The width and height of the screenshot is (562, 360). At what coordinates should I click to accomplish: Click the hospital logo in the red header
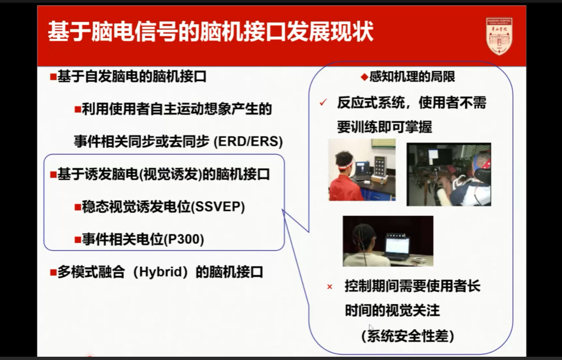[x=499, y=35]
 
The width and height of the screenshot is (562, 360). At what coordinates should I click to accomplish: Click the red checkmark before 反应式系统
[x=323, y=102]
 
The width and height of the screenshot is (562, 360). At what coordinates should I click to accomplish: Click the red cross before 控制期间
[x=329, y=287]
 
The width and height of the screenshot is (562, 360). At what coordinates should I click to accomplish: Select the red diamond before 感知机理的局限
[x=364, y=77]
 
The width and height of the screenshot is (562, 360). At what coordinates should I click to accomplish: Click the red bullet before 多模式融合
[x=53, y=272]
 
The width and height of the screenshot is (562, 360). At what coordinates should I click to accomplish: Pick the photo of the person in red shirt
[x=362, y=170]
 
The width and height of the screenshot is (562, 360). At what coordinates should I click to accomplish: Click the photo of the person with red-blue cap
[x=449, y=174]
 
